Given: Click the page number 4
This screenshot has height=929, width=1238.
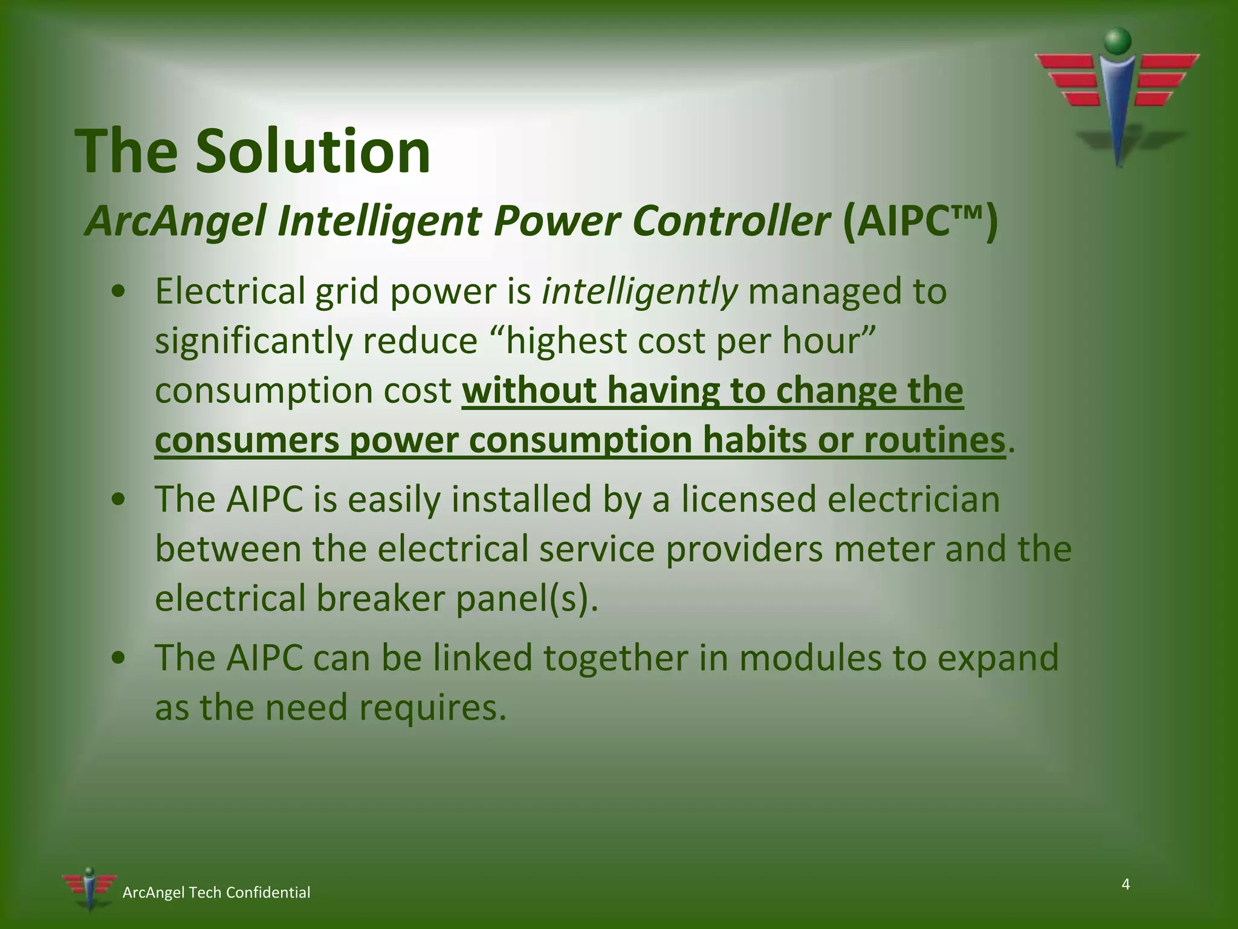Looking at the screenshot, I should (1126, 885).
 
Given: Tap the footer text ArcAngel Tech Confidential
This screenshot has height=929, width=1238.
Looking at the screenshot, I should (216, 893).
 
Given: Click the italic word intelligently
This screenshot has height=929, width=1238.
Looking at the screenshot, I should (640, 292).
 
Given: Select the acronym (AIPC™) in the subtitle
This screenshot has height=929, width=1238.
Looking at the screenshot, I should (919, 221).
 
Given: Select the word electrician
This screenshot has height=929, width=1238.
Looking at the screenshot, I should (913, 500).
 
